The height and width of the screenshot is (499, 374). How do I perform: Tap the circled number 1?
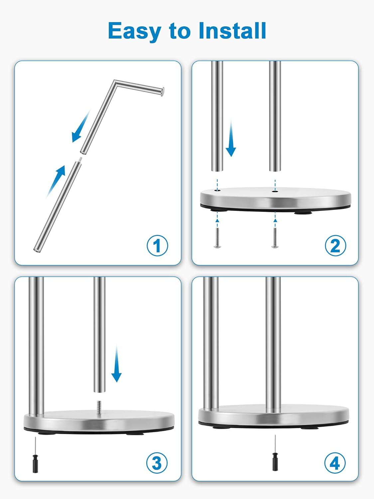click(x=157, y=246)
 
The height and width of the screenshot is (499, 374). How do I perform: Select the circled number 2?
click(x=335, y=246)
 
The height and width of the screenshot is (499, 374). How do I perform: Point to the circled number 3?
click(x=157, y=463)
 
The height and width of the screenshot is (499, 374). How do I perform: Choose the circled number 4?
click(x=335, y=463)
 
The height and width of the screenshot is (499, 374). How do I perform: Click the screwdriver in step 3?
click(x=35, y=456)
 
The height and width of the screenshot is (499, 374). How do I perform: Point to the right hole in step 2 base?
click(x=274, y=191)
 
